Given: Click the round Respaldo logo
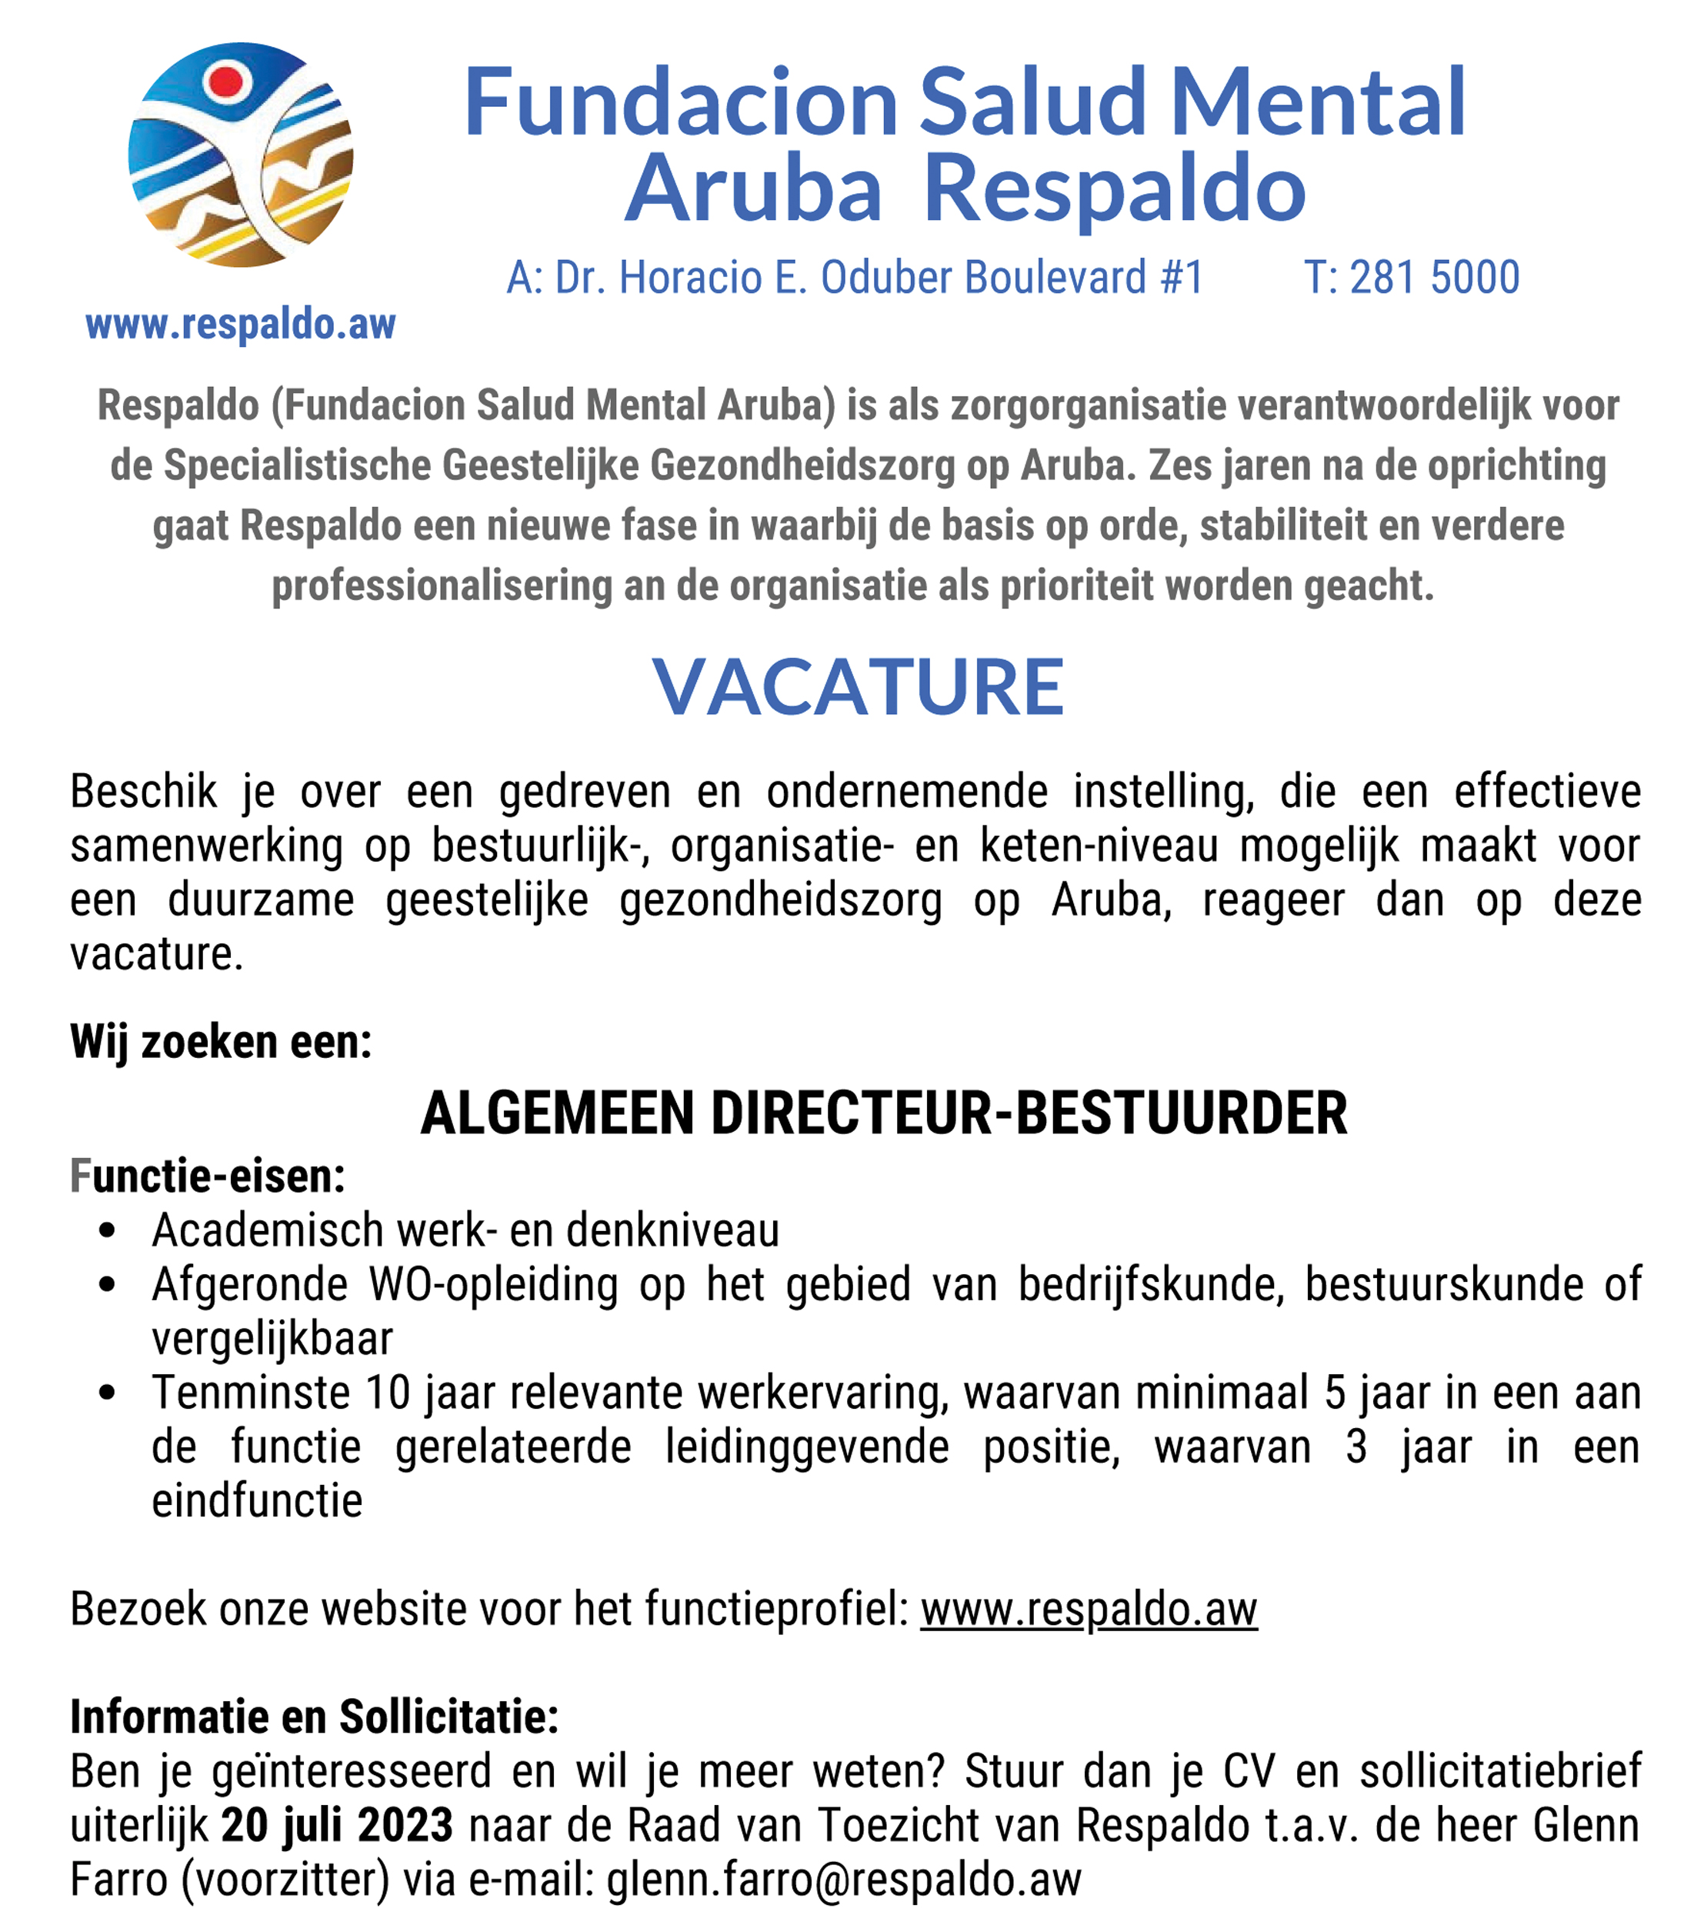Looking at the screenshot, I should click(240, 155).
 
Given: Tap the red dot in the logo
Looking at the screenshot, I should click(226, 82).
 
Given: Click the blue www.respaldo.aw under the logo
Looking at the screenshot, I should click(240, 324).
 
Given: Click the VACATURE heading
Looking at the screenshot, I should click(857, 687).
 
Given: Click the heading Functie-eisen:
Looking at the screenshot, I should click(208, 1176).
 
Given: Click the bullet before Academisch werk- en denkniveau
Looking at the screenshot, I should click(107, 1230).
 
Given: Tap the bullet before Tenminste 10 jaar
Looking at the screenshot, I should click(107, 1393).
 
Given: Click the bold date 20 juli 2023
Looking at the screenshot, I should click(336, 1825).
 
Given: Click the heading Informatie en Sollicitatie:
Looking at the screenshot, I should click(315, 1717).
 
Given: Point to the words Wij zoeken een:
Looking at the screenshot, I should click(221, 1043).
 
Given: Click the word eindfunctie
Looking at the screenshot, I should click(257, 1501).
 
